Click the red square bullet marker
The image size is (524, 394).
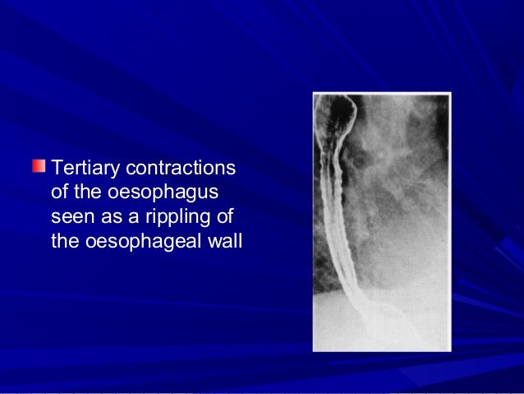(39, 168)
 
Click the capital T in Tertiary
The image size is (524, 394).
(56, 169)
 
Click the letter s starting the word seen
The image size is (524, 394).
(55, 220)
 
